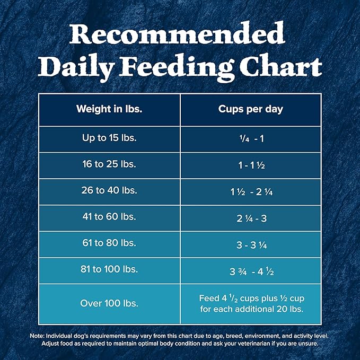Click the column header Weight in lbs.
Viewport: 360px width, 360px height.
(x=109, y=109)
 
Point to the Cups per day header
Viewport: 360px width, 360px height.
(x=251, y=109)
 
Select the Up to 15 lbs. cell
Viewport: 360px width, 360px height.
(x=109, y=138)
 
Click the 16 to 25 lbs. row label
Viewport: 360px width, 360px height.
(x=109, y=164)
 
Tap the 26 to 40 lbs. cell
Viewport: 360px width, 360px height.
(x=109, y=190)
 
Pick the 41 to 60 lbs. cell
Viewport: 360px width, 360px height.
(x=109, y=217)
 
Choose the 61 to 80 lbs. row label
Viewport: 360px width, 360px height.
(x=109, y=243)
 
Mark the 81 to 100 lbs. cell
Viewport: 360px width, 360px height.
(x=109, y=269)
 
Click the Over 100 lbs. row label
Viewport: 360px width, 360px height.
(x=109, y=303)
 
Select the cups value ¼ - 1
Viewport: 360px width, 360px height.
(x=251, y=138)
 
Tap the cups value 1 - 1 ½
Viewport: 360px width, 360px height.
(x=251, y=165)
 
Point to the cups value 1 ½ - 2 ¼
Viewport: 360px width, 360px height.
(x=251, y=191)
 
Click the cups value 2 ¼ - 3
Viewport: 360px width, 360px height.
(x=251, y=218)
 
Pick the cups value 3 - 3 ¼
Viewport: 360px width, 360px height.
(x=251, y=244)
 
